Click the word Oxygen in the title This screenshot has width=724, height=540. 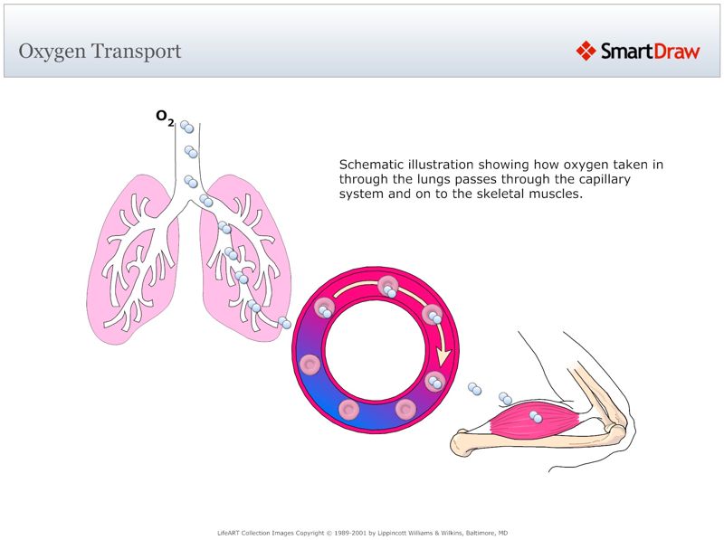51,52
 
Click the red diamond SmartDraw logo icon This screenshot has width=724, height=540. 586,51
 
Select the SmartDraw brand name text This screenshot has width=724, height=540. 651,52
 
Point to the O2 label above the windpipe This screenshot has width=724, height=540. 164,118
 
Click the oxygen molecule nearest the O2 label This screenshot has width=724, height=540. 186,127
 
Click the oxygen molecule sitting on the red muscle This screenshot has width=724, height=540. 538,417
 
